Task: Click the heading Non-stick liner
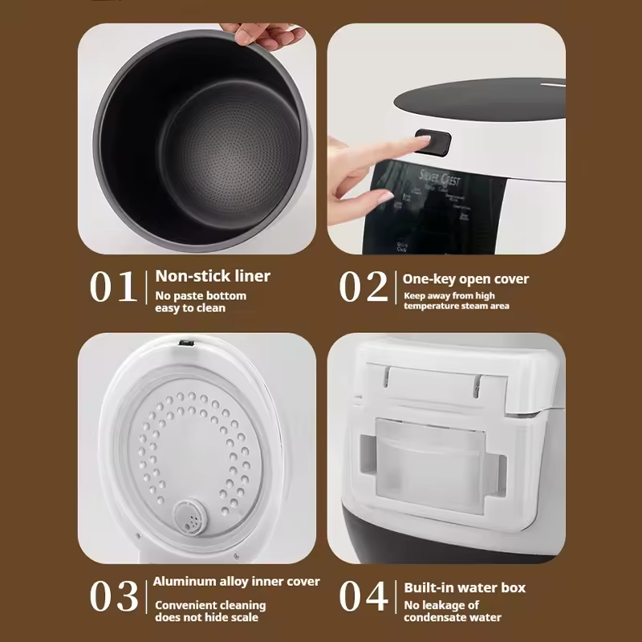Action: tap(213, 276)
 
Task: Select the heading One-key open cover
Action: tap(465, 279)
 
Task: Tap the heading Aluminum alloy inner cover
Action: tap(237, 581)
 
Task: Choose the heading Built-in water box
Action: tap(465, 587)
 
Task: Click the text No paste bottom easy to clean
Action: tap(201, 302)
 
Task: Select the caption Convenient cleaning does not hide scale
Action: tap(210, 611)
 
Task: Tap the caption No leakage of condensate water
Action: tap(453, 611)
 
